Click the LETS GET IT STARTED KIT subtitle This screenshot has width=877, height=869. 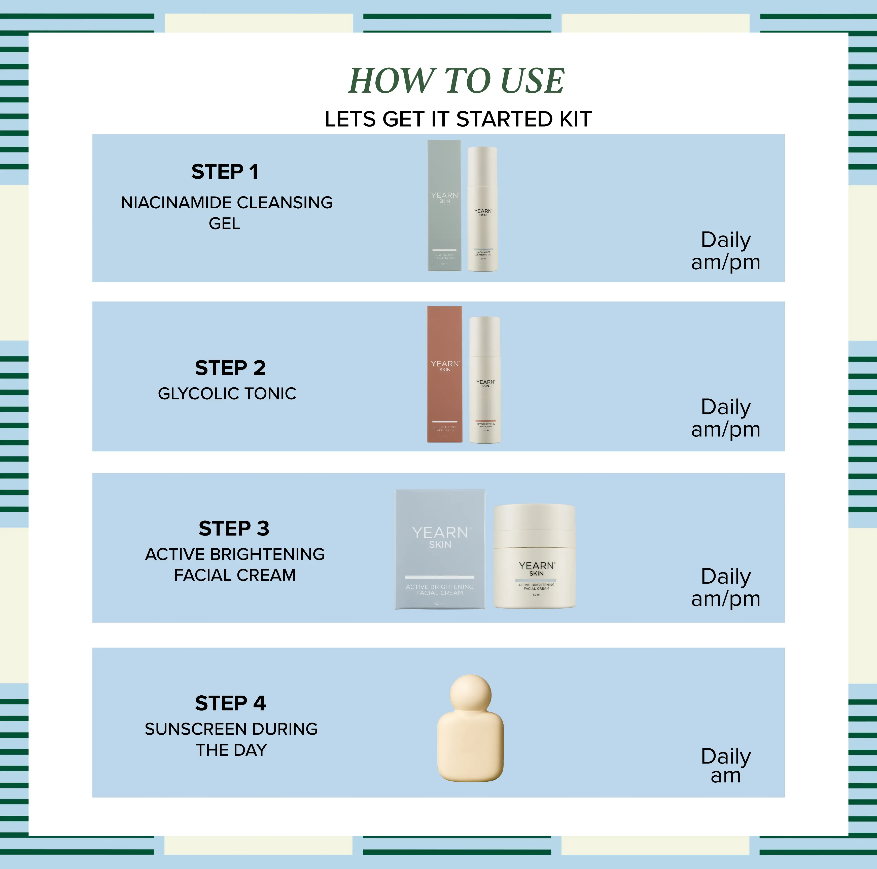point(458,119)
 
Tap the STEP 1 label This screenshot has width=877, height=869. point(225,172)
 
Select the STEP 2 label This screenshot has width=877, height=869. point(230,368)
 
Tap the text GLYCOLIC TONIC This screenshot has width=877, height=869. point(227,393)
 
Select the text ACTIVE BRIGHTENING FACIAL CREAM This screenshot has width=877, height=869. point(235,564)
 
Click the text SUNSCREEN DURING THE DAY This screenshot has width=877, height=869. point(231,739)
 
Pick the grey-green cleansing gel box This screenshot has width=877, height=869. point(444,206)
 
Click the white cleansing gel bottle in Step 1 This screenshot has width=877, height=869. point(482,210)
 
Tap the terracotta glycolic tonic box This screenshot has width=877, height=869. point(444,374)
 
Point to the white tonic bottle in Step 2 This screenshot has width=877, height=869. point(485,380)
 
